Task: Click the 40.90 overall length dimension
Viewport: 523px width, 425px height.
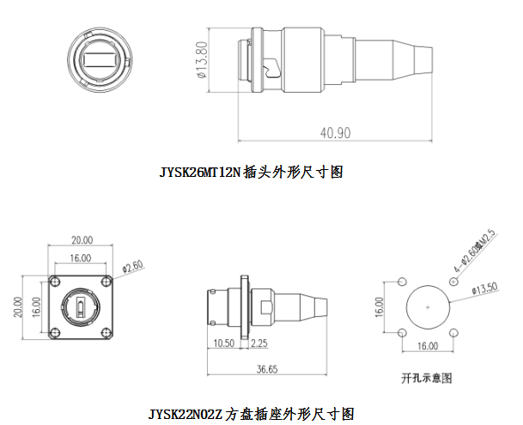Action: coord(336,133)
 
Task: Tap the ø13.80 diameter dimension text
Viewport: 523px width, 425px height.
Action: coord(204,60)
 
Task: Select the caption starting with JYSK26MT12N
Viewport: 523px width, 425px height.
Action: coord(251,172)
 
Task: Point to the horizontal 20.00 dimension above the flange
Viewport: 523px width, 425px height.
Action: coord(82,240)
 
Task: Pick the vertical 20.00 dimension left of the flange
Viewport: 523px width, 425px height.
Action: coord(21,307)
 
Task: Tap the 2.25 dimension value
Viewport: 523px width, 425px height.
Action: coord(259,343)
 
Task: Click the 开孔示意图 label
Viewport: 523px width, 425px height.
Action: coord(427,377)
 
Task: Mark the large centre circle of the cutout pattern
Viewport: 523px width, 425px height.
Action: coord(427,308)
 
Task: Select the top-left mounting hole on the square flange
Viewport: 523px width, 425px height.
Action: coord(58,282)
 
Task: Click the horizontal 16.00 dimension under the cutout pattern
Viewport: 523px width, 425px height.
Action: coord(427,346)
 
